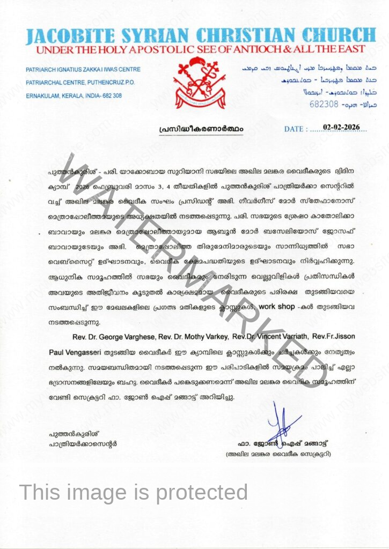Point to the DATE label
point(295,129)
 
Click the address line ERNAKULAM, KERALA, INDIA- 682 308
point(74,95)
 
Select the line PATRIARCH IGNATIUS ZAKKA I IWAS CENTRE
point(83,70)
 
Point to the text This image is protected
point(134,492)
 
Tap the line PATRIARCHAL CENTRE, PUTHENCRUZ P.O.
point(80,83)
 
